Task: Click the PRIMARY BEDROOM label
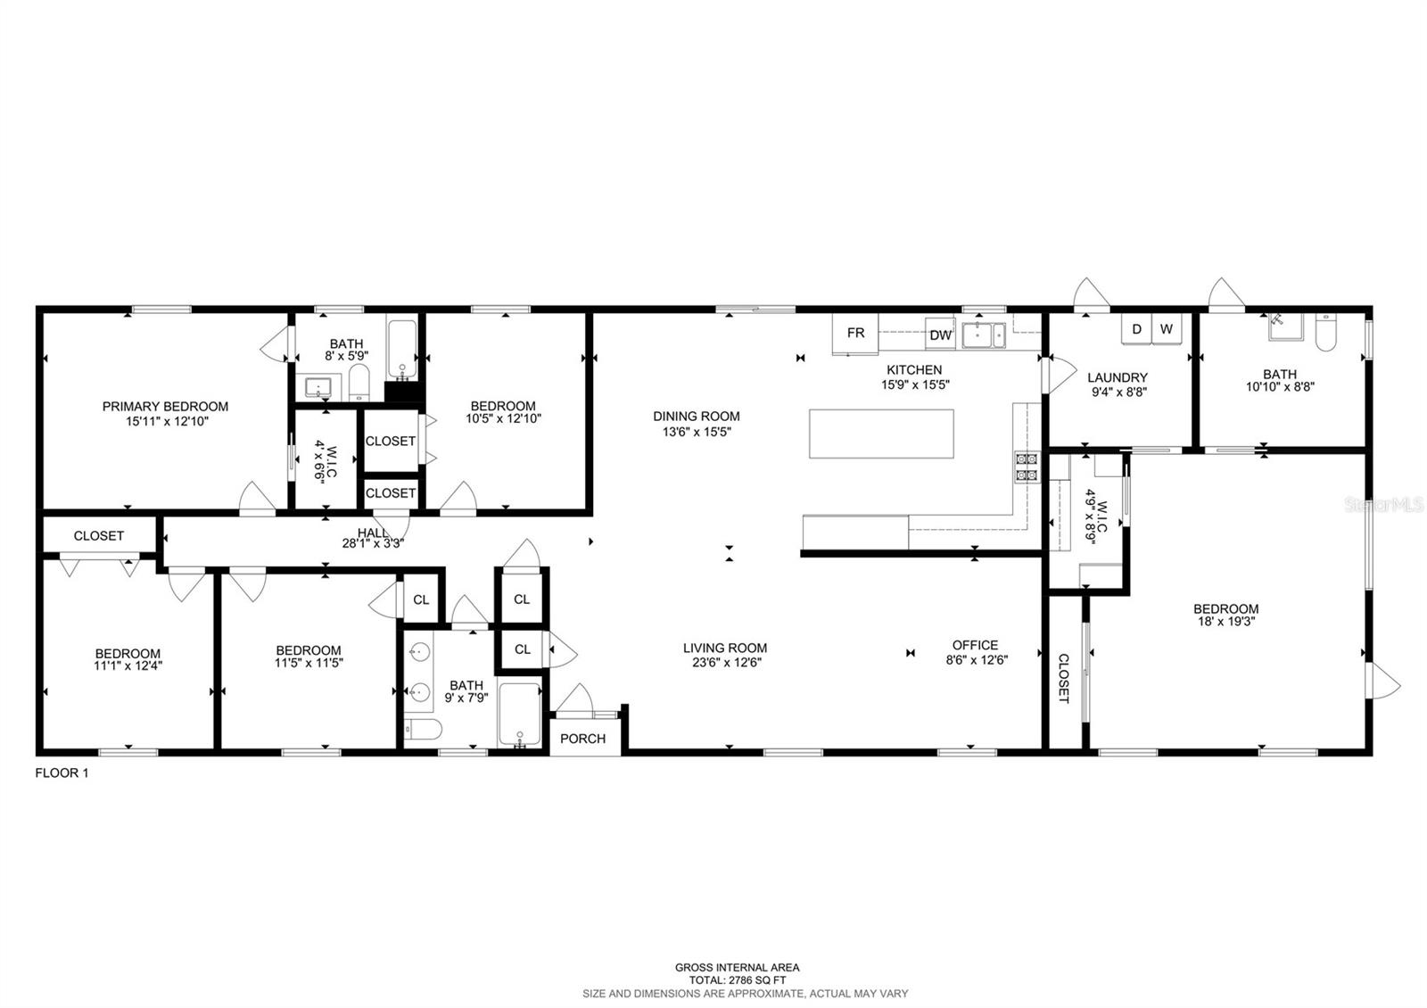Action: pos(165,407)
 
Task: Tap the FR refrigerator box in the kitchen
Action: pos(855,334)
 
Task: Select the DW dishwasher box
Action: pos(940,335)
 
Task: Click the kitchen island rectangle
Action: pos(881,434)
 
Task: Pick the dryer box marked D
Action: pos(1136,329)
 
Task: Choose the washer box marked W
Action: pos(1166,329)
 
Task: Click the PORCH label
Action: pos(583,739)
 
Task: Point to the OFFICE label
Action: pos(975,645)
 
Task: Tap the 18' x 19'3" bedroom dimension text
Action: pos(1225,622)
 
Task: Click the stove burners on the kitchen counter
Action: pos(1026,467)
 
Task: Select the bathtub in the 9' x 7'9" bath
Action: pos(519,714)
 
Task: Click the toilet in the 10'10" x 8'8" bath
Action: pos(1324,333)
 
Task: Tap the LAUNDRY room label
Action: pos(1118,377)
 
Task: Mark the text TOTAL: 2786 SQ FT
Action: pos(737,980)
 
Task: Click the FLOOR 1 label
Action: pos(62,773)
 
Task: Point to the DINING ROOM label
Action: pos(696,416)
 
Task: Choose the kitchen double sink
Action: pos(984,335)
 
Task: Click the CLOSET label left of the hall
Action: pos(98,536)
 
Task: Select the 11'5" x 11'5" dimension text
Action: pos(309,663)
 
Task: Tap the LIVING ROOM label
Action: pos(725,649)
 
